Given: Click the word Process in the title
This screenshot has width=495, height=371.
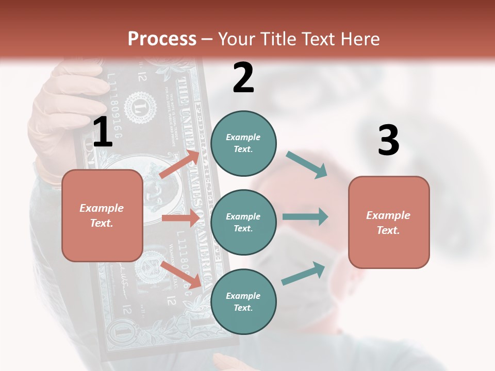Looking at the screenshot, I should click(x=162, y=39).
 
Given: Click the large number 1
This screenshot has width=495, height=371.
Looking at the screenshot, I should click(x=103, y=132).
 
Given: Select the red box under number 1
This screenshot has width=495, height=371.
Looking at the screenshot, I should click(x=102, y=215).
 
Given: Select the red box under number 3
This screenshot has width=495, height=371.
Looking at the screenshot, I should click(x=389, y=222).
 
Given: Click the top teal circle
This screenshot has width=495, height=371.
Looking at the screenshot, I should click(x=243, y=143).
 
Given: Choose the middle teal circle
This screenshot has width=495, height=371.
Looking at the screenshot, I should click(x=243, y=222).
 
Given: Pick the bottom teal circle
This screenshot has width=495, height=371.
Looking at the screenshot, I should click(x=243, y=301).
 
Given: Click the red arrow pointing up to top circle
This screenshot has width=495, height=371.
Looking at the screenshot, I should click(x=179, y=164).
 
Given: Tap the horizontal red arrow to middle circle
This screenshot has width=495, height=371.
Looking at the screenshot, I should click(x=180, y=218).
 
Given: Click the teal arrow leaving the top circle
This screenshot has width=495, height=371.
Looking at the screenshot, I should click(x=307, y=164).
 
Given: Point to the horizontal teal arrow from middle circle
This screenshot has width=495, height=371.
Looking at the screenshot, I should click(x=305, y=216).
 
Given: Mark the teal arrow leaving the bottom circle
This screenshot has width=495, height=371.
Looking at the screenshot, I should click(x=304, y=273).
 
